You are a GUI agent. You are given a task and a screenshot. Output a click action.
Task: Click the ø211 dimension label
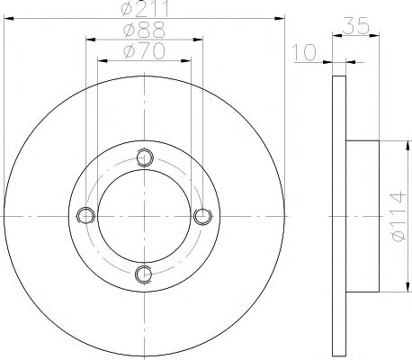click(x=144, y=12)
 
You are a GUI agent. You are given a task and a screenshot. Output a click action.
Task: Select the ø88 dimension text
click(x=144, y=31)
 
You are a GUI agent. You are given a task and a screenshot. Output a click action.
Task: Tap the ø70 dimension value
click(x=144, y=51)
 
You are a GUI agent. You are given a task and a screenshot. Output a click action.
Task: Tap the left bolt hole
click(x=86, y=216)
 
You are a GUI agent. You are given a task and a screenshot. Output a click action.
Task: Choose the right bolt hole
click(x=202, y=216)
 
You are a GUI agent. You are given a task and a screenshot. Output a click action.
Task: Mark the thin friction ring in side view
click(x=338, y=216)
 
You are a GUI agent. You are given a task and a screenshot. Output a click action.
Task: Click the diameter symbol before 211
click(x=127, y=12)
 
